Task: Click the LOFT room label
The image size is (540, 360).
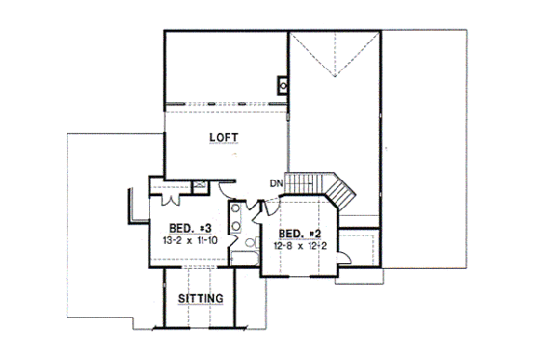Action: pos(225,138)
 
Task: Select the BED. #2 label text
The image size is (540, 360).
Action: pos(300,234)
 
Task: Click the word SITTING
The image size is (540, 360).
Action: pos(202,299)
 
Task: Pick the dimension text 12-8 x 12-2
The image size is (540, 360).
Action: pos(300,246)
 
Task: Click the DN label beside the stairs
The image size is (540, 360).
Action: pos(276,183)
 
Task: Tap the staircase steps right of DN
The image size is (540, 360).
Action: pos(310,183)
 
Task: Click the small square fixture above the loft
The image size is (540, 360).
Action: pos(283,85)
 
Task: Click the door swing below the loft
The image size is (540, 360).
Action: pos(223,186)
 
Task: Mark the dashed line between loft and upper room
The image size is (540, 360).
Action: pos(227,101)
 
